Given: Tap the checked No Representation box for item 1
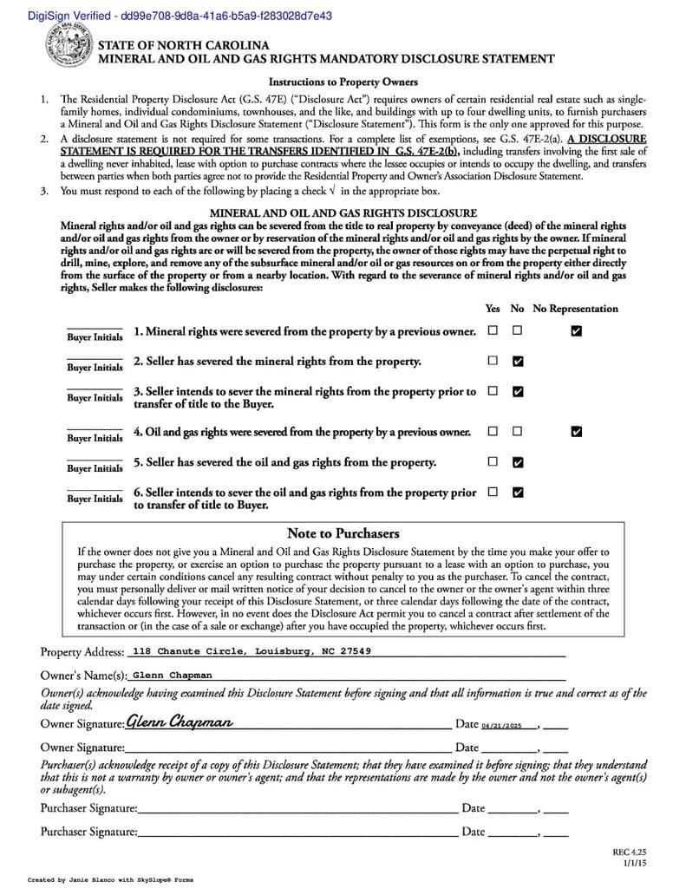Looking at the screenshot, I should pyautogui.click(x=577, y=330).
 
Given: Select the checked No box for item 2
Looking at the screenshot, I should pyautogui.click(x=518, y=361).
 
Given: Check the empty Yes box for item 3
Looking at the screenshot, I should pyautogui.click(x=493, y=391).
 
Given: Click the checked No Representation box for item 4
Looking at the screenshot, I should pyautogui.click(x=577, y=431).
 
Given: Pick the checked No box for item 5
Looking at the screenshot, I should pyautogui.click(x=518, y=462).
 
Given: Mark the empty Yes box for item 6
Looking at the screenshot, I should pyautogui.click(x=493, y=492).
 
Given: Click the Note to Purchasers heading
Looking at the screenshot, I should pyautogui.click(x=343, y=533).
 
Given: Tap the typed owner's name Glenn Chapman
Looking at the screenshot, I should pyautogui.click(x=172, y=675).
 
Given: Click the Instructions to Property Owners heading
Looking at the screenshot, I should pyautogui.click(x=343, y=82).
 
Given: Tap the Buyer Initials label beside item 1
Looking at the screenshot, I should pyautogui.click(x=95, y=337).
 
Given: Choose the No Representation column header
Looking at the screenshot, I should pyautogui.click(x=575, y=309).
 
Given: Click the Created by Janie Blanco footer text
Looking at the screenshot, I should pyautogui.click(x=111, y=879).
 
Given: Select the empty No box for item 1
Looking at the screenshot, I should pyautogui.click(x=518, y=330).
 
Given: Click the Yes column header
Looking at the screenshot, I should pyautogui.click(x=493, y=309).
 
